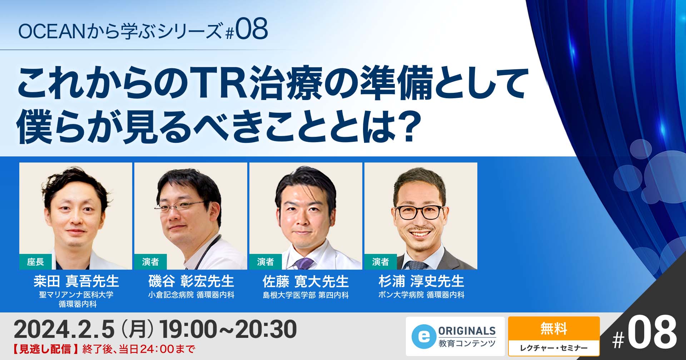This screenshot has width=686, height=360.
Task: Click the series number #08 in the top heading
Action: coord(247,30)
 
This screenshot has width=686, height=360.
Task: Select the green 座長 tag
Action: coord(35,262)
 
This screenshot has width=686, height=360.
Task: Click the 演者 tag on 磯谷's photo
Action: coord(150,262)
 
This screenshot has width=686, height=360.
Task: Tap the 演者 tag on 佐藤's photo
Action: coord(265,262)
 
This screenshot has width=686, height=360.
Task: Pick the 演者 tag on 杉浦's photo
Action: coord(381,262)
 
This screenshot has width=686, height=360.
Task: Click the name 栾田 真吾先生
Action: coord(76,281)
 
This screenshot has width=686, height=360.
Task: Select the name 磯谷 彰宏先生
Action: coord(191,281)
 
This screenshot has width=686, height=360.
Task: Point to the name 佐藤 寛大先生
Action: coord(305,281)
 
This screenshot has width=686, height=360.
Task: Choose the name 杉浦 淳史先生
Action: coord(421,281)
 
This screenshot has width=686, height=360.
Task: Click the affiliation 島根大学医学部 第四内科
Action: coord(305,295)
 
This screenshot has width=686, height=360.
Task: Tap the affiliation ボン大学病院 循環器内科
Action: coord(421,295)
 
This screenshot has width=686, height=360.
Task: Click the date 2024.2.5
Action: coord(64,329)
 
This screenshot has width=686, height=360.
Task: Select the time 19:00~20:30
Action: coord(228,329)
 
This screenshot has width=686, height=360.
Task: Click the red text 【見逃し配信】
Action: coord(45,349)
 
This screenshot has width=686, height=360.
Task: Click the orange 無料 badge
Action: coord(553,328)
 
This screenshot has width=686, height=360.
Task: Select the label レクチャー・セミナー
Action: coord(553,348)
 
